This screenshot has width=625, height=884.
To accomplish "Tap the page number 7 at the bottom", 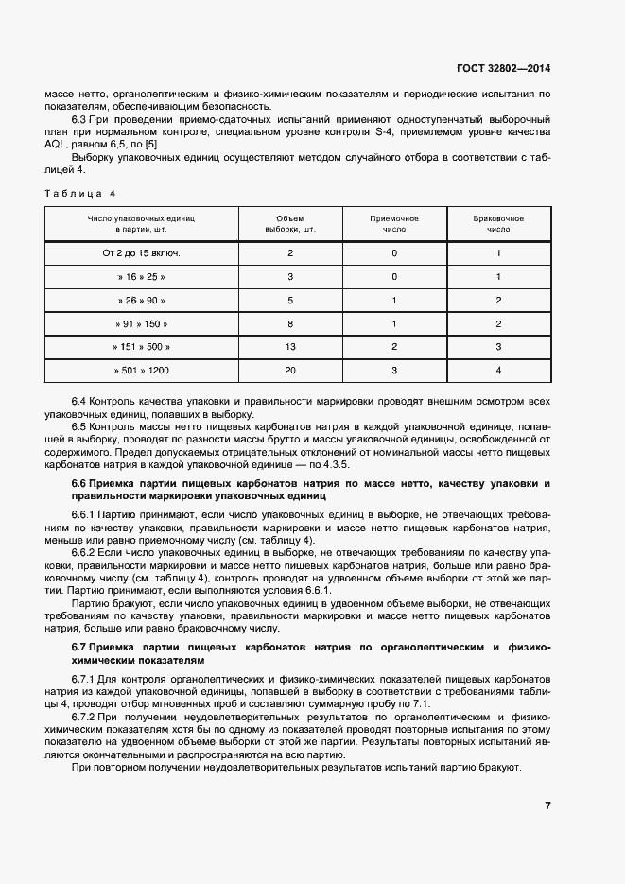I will tap(547, 806).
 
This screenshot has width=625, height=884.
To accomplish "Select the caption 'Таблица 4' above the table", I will tap(79, 193).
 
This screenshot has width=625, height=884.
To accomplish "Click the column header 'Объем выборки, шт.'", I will tap(290, 224).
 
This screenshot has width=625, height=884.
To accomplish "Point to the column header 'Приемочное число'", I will tap(394, 224).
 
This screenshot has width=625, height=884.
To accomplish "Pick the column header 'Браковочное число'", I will tap(498, 224).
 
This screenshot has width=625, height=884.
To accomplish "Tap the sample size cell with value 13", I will tap(290, 347).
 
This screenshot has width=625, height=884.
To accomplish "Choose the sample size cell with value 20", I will tap(290, 370).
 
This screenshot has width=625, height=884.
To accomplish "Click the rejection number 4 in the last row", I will tap(498, 370).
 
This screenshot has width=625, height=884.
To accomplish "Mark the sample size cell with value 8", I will tap(290, 323).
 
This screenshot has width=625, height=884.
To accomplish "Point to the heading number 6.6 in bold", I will tap(79, 483).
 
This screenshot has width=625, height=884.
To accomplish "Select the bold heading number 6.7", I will tap(79, 647).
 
